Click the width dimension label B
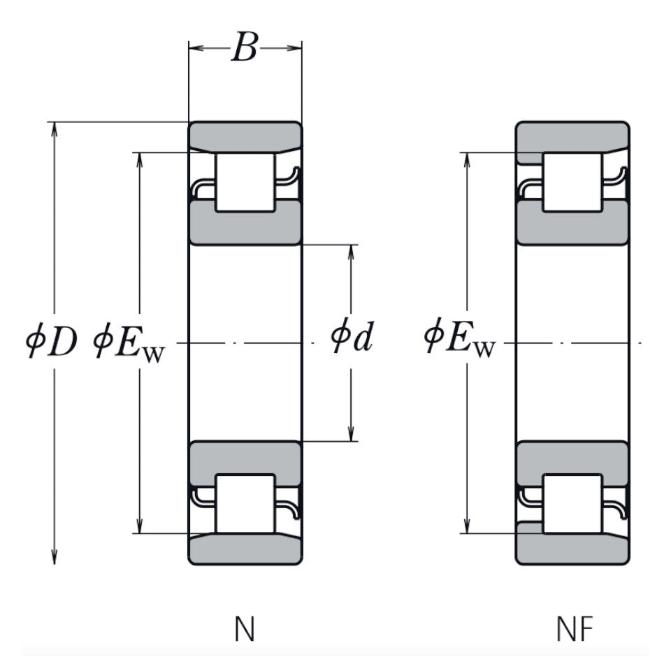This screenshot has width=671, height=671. click(244, 48)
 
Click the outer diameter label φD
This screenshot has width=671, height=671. click(50, 343)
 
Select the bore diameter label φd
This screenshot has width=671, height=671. click(352, 339)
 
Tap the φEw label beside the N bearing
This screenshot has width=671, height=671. click(129, 343)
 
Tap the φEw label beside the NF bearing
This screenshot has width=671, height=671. click(459, 339)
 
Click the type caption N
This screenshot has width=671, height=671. click(245, 630)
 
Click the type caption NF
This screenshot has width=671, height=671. click(575, 630)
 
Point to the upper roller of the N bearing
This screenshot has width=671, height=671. click(245, 182)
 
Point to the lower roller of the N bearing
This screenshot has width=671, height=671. click(245, 504)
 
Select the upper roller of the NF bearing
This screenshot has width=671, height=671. click(572, 182)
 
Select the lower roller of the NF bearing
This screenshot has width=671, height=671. click(572, 504)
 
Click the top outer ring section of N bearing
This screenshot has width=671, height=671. click(245, 135)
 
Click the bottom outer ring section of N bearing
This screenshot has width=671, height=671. click(245, 550)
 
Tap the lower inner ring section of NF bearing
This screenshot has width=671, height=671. click(572, 459)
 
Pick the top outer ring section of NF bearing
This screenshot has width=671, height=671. click(572, 135)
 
